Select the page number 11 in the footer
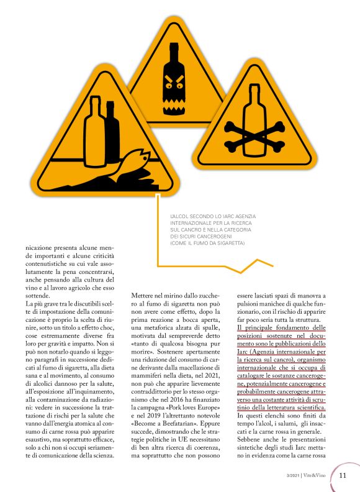[343, 475]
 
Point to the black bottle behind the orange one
[112, 132]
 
